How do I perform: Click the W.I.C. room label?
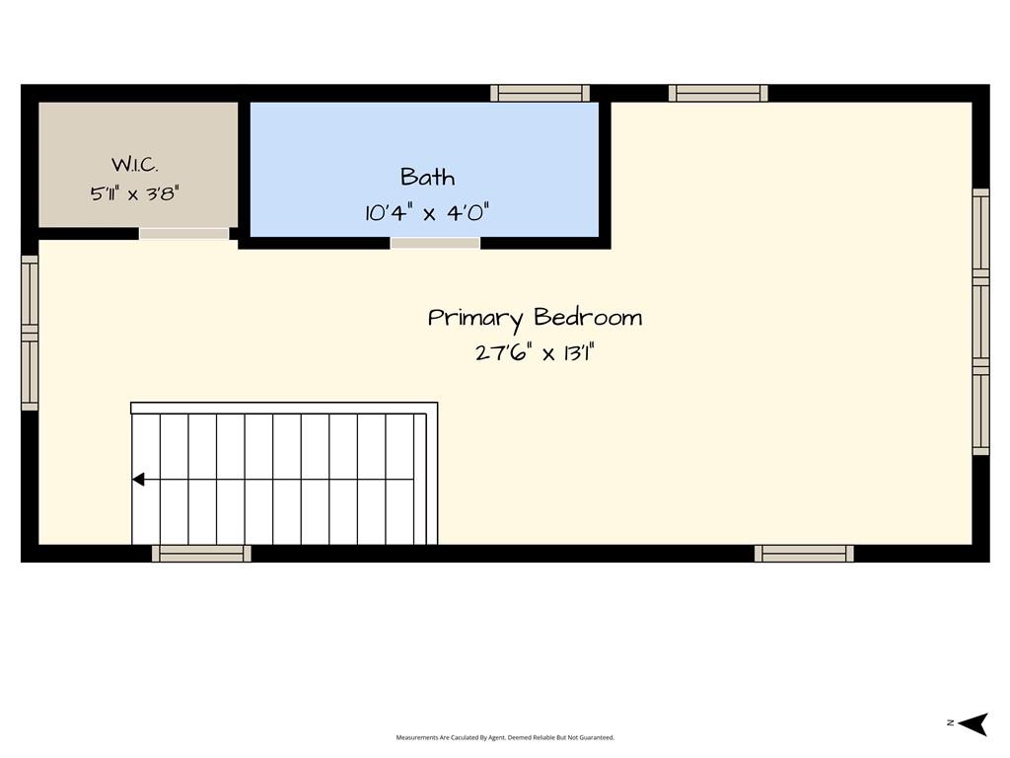tap(134, 165)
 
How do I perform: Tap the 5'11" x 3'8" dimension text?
tap(134, 193)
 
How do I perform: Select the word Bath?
tap(428, 177)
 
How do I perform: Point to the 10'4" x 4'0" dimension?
tap(427, 212)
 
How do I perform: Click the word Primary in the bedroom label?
tap(475, 319)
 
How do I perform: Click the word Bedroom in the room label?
tap(588, 317)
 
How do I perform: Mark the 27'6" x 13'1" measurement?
tap(535, 353)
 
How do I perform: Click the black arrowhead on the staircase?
tap(138, 480)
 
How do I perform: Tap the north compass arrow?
tap(974, 723)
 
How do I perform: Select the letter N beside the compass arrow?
tap(950, 722)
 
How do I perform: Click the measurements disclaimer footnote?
tap(505, 737)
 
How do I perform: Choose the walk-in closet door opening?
tap(183, 233)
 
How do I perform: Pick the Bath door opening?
tap(435, 243)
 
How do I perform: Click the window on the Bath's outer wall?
tap(540, 94)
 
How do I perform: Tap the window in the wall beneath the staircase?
tap(201, 553)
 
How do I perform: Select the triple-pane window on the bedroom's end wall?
tap(980, 322)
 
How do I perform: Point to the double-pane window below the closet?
tap(30, 333)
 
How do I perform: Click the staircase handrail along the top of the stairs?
tap(284, 408)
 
